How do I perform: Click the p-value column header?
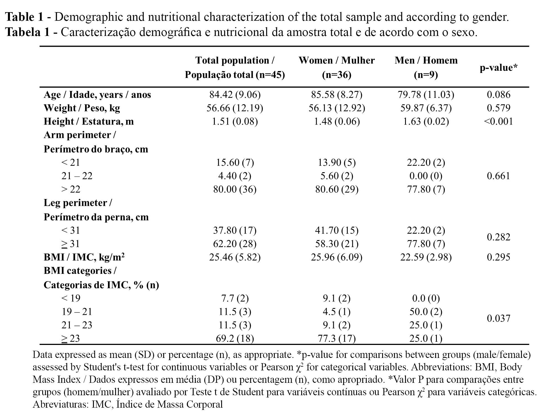(498, 67)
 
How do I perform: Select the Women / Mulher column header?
(337, 67)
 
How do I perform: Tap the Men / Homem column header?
(426, 67)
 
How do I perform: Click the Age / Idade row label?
(97, 95)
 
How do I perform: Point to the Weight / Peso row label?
(82, 108)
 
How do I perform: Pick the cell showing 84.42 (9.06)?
(235, 95)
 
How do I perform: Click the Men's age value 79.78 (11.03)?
(426, 95)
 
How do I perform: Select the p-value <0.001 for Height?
(498, 122)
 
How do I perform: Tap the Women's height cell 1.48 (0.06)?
(337, 122)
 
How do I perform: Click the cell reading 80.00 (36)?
(235, 189)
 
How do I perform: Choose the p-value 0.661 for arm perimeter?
(498, 176)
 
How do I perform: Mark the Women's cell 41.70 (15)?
(337, 230)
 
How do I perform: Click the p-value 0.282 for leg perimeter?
(498, 237)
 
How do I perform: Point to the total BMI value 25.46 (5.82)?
(235, 257)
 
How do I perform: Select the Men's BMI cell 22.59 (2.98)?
(426, 257)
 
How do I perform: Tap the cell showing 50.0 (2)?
(426, 312)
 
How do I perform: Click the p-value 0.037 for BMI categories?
(498, 318)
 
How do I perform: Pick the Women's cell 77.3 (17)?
(337, 339)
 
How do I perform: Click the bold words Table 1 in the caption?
(24, 17)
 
